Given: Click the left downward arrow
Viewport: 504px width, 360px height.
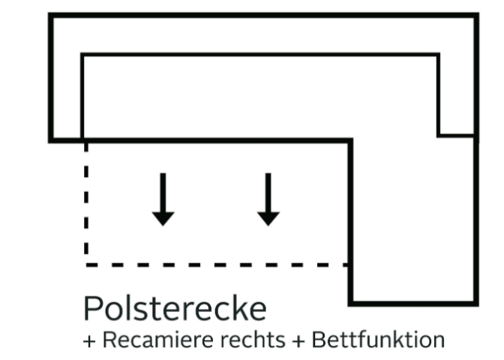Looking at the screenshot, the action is coord(163,199).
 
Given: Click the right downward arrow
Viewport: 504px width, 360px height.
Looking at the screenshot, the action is coord(268,199).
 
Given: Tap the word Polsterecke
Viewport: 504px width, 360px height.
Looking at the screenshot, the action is coord(175,308).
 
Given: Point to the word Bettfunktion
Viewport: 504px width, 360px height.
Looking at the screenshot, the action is coord(378,340).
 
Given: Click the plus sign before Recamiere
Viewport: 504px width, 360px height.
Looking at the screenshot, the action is coord(89,341).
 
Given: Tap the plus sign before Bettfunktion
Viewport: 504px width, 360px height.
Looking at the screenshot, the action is coord(298,341).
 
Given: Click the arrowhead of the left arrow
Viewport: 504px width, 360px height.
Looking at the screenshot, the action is coord(163,219).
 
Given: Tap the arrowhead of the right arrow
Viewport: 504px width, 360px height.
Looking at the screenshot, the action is coord(268,219).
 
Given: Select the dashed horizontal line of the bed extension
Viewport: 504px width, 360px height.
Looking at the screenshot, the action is coord(217,265).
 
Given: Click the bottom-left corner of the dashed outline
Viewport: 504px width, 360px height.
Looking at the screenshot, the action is coord(86,265).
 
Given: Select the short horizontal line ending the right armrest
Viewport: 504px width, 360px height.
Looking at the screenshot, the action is coord(457,136).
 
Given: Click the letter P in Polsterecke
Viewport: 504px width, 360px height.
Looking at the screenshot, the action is coord(92,308).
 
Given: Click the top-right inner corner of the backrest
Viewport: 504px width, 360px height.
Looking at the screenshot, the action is coord(439,54).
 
